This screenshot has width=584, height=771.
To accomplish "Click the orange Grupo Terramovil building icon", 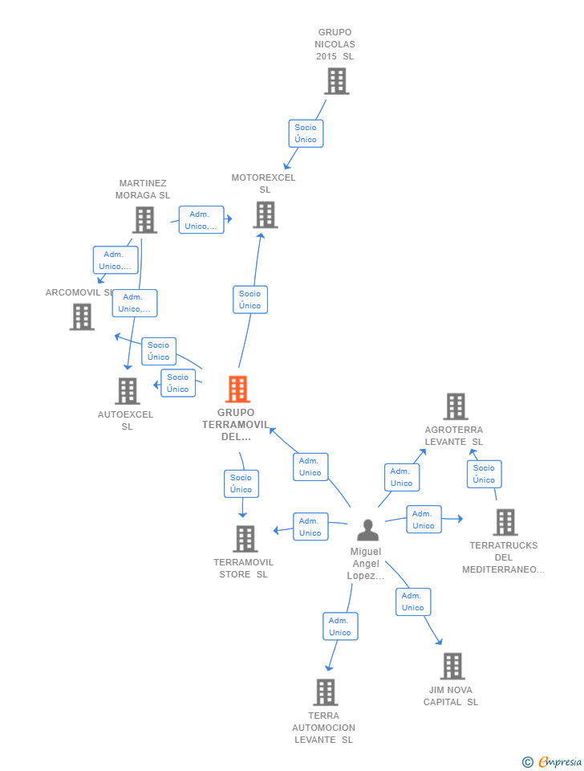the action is pyautogui.click(x=237, y=390).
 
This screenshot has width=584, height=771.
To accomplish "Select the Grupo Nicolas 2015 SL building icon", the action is pyautogui.click(x=336, y=81).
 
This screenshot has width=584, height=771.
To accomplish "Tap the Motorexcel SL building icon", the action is pyautogui.click(x=265, y=214).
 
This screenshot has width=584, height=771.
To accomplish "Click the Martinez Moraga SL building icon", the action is pyautogui.click(x=144, y=219).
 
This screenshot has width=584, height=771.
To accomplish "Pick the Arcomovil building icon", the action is pyautogui.click(x=82, y=316).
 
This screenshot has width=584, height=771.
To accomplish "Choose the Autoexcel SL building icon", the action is pyautogui.click(x=128, y=391).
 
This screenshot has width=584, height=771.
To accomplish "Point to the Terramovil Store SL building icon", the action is pyautogui.click(x=245, y=538).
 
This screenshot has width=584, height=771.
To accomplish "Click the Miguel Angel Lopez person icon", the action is pyautogui.click(x=367, y=530).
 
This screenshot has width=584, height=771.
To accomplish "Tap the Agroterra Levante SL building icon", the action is pyautogui.click(x=456, y=406).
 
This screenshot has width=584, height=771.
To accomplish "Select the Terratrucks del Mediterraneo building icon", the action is pyautogui.click(x=505, y=522).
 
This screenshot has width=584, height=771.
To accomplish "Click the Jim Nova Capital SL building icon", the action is pyautogui.click(x=452, y=666).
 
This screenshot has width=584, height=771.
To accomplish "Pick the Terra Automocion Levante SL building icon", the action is pyautogui.click(x=325, y=691).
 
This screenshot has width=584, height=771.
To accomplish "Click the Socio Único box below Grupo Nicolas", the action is pyautogui.click(x=306, y=133).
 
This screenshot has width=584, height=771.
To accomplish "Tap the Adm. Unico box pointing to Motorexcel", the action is pyautogui.click(x=201, y=220).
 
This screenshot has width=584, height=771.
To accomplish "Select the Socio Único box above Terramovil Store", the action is pyautogui.click(x=241, y=483).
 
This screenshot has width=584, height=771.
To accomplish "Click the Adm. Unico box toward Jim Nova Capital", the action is pyautogui.click(x=412, y=602).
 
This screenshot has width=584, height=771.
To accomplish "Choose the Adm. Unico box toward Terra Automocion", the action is pyautogui.click(x=340, y=626).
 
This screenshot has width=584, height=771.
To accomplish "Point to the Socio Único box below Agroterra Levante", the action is pyautogui.click(x=484, y=474).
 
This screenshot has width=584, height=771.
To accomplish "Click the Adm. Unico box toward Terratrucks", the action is pyautogui.click(x=423, y=520).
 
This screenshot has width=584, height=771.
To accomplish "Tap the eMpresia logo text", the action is pyautogui.click(x=559, y=761).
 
